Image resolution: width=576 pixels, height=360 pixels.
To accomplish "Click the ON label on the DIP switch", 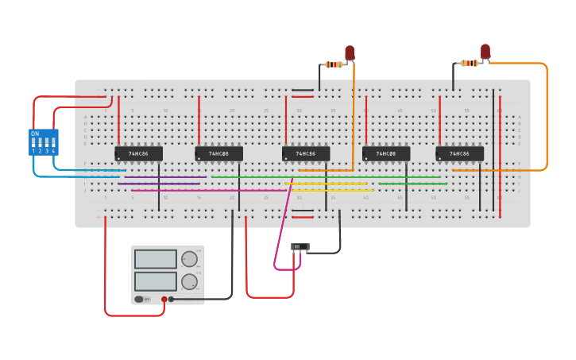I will [x=35, y=134].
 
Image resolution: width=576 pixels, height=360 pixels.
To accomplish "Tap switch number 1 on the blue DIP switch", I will [x=33, y=144].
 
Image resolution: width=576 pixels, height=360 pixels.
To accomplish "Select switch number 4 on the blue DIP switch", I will [x=53, y=144].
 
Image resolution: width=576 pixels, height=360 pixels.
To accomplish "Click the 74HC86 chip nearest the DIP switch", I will [x=138, y=153].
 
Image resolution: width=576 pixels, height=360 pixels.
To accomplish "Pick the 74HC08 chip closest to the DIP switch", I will [x=218, y=153].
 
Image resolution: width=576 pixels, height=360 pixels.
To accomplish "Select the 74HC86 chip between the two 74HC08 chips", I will [x=306, y=153].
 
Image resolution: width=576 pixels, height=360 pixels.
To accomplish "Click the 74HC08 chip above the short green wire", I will [x=386, y=153].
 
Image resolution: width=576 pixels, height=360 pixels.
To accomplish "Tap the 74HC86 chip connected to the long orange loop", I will [x=459, y=153].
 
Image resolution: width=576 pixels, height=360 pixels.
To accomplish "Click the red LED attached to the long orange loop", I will [x=485, y=52].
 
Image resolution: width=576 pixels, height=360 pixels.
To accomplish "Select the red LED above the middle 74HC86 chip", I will [x=350, y=53].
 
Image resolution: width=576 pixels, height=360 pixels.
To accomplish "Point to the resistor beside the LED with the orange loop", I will [x=470, y=63].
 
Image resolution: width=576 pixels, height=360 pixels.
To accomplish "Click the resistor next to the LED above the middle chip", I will [x=334, y=64].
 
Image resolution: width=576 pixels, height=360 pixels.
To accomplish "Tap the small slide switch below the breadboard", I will [x=300, y=247].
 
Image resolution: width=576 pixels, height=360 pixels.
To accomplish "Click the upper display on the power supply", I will [x=156, y=259].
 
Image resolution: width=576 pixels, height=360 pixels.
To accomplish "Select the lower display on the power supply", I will [x=156, y=281].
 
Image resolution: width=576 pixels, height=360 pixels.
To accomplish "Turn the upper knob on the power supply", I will [x=189, y=259].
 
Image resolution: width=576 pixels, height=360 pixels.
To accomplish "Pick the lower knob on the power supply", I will [x=189, y=281].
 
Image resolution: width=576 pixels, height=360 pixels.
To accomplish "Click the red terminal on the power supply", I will [x=164, y=300].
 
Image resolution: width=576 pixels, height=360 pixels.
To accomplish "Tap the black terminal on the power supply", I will [x=171, y=300].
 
